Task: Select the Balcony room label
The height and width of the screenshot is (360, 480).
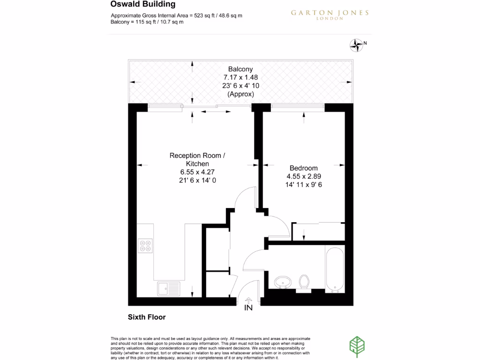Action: click(240, 69)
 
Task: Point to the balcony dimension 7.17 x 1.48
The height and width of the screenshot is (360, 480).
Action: click(240, 77)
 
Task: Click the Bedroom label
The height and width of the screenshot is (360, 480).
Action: click(303, 168)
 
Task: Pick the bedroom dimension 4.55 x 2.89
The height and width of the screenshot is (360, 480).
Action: click(303, 176)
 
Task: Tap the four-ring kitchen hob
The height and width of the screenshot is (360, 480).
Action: click(145, 246)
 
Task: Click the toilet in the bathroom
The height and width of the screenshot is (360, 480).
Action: click(304, 283)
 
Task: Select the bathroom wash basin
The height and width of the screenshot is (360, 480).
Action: click(282, 283)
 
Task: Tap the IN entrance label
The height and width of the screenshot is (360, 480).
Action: click(248, 308)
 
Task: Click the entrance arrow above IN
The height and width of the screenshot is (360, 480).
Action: click(248, 300)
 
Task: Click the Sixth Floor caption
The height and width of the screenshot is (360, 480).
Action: click(147, 317)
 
